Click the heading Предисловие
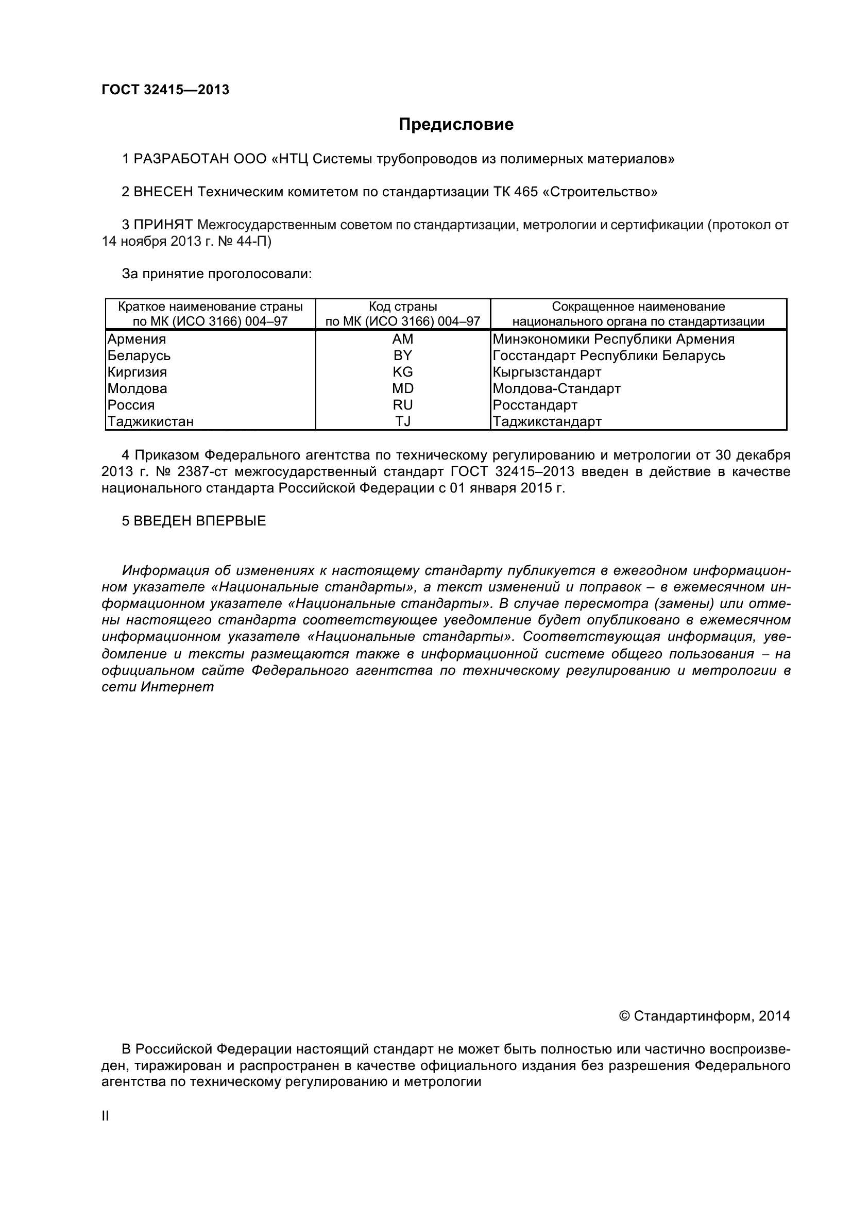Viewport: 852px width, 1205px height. (x=456, y=124)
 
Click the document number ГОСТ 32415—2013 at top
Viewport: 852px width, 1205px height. (x=165, y=90)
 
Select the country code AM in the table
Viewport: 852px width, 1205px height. (x=402, y=339)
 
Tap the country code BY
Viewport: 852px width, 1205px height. (x=402, y=355)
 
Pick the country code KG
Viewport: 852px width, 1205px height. (x=402, y=372)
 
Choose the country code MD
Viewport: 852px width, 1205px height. (x=402, y=388)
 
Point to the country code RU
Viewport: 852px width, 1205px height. (x=402, y=404)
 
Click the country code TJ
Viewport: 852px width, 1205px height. (x=402, y=421)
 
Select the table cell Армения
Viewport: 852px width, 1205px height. (x=137, y=339)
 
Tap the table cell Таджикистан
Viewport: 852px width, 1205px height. (x=150, y=421)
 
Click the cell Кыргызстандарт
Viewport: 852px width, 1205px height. (x=547, y=372)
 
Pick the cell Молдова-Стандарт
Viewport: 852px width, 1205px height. (x=557, y=388)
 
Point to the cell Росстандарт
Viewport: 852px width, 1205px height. (x=535, y=404)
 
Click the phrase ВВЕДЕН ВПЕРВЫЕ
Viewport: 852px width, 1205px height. (x=199, y=521)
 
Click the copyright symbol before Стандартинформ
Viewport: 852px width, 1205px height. (x=624, y=1016)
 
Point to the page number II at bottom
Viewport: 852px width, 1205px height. (x=105, y=1116)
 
